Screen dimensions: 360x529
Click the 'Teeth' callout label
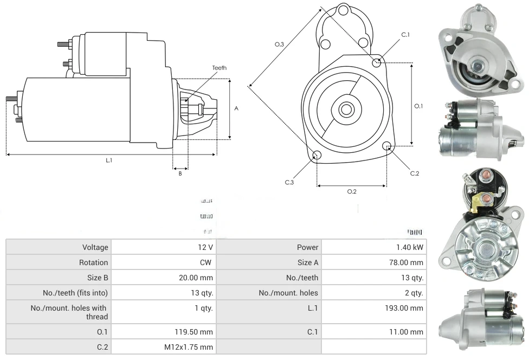tap(219, 68)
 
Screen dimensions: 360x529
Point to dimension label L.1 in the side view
tap(108, 160)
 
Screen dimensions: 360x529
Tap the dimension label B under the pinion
tap(180, 173)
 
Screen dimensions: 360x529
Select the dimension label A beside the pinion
tap(236, 108)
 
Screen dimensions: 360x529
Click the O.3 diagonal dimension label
tap(279, 44)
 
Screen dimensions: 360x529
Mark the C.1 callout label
tap(405, 35)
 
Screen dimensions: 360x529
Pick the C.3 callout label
tap(289, 182)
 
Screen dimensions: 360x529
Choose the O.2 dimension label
tap(351, 191)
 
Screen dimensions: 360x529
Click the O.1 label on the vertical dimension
tap(418, 106)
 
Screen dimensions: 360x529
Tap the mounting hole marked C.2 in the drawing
tap(387, 146)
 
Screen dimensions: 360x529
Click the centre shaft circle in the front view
tap(346, 110)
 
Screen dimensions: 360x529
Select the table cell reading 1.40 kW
tap(410, 247)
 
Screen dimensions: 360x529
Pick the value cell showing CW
tap(207, 262)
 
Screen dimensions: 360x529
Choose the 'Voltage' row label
tap(95, 247)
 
